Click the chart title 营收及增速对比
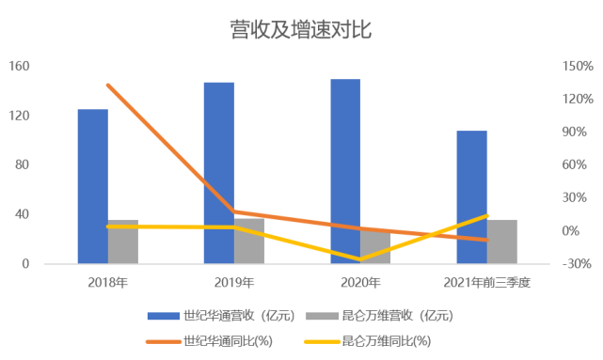point(301,30)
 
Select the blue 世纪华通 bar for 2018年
point(92,186)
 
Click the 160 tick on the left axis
point(20,67)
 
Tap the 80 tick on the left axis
point(24,165)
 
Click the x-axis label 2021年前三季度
point(487,282)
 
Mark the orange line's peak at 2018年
point(108,86)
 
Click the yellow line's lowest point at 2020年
point(360,258)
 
